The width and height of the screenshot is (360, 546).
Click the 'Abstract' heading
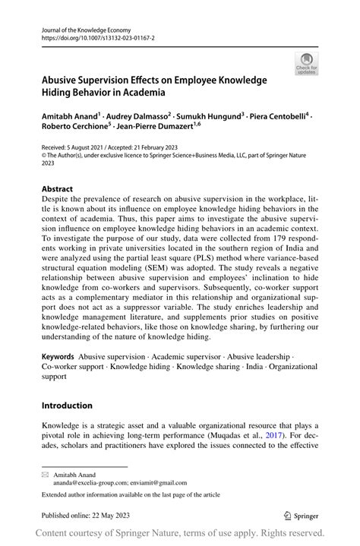(x=58, y=189)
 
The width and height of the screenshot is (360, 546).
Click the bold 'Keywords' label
(x=58, y=356)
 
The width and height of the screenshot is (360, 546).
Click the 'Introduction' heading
(x=67, y=406)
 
